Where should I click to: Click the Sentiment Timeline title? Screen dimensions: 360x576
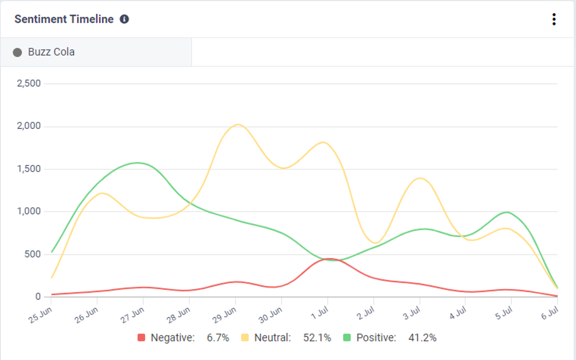64,19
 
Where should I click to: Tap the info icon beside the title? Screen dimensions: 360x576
124,19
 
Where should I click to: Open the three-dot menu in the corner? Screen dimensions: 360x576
553,19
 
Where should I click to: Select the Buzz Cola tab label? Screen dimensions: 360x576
51,52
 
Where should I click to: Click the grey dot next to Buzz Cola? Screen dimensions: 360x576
18,53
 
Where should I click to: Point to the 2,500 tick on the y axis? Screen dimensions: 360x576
28,83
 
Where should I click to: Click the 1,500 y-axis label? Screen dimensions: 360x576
29,169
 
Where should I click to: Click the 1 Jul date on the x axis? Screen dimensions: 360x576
319,312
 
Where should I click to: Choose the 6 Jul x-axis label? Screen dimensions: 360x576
550,312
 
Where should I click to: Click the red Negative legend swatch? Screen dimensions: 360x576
142,337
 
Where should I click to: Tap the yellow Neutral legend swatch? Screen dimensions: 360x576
245,337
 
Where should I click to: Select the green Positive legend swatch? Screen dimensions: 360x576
347,337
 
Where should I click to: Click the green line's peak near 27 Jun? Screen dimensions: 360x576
137,163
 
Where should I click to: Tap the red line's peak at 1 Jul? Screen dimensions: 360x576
329,259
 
